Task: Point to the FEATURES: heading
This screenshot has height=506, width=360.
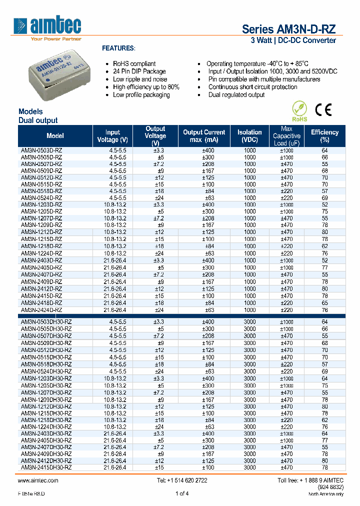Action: coord(118,48)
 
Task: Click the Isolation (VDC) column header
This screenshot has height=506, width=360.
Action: coord(249,136)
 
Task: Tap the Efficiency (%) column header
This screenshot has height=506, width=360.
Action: coord(324,136)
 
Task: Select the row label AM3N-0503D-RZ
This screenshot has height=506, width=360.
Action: coord(41,150)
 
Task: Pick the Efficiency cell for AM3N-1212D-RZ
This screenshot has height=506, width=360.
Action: coord(324,232)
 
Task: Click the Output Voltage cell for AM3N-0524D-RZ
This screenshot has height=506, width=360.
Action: coord(159,198)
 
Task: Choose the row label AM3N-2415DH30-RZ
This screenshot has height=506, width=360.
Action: coord(46,467)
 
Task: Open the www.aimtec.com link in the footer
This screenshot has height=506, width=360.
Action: coord(38,480)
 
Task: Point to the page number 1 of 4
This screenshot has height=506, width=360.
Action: coord(181,493)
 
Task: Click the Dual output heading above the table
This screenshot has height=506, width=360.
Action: coord(38,120)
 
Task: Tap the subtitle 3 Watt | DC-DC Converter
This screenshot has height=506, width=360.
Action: coord(292,40)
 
